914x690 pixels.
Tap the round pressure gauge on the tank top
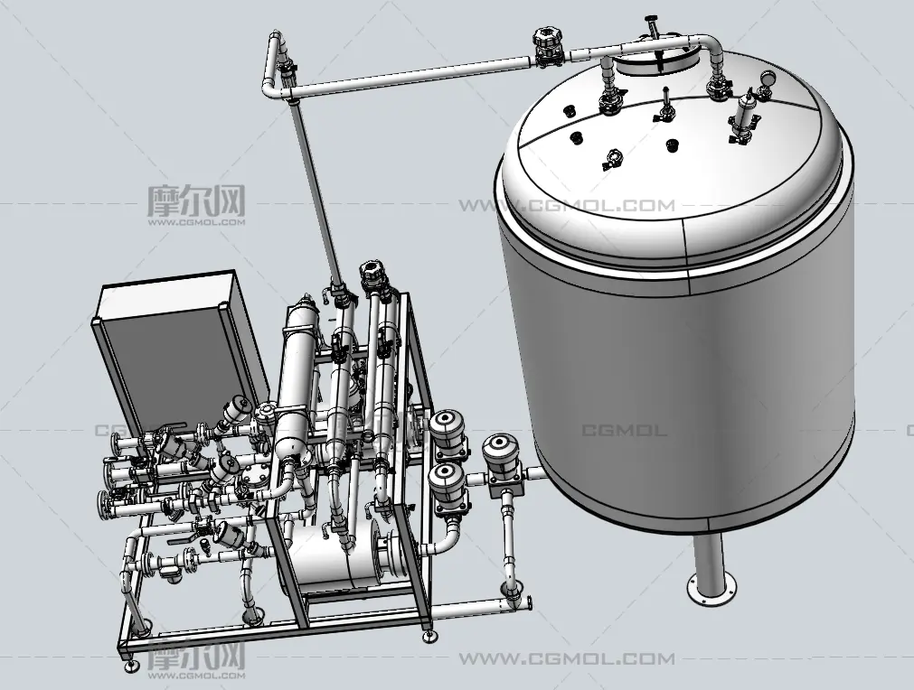768,77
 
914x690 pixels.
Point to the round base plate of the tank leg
711,588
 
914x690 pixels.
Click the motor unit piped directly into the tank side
502,458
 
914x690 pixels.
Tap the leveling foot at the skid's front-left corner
129,663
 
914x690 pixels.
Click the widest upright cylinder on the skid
297,378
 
